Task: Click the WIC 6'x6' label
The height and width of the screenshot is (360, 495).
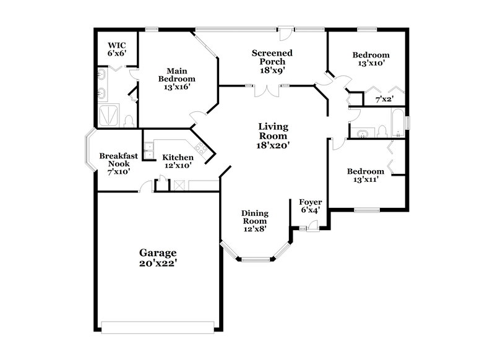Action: pyautogui.click(x=116, y=49)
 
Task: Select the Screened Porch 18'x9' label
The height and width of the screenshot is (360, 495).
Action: pyautogui.click(x=272, y=62)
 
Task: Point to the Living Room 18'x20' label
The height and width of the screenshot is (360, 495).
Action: pyautogui.click(x=273, y=135)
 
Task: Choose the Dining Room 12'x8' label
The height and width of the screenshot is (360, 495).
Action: pyautogui.click(x=254, y=221)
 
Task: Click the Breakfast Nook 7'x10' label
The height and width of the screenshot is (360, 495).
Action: pyautogui.click(x=118, y=164)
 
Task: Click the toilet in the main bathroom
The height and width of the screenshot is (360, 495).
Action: pyautogui.click(x=129, y=120)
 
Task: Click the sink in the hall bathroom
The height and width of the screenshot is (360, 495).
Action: pyautogui.click(x=361, y=132)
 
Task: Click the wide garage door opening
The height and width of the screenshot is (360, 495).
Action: pyautogui.click(x=159, y=326)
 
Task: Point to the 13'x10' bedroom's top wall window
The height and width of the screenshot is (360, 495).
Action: pyautogui.click(x=366, y=28)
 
